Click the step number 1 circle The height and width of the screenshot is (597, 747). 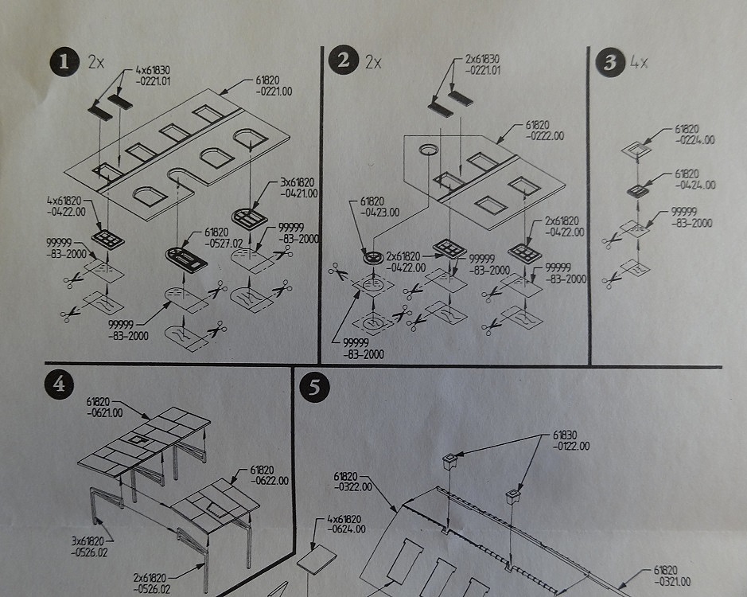point(61,62)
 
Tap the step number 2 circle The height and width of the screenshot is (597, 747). point(344,61)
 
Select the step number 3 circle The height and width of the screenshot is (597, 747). point(610,63)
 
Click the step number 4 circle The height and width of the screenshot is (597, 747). point(58,384)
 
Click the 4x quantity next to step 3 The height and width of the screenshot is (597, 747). point(639,63)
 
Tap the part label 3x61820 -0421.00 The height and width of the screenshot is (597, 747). point(298,187)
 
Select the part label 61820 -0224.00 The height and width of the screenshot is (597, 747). point(694,133)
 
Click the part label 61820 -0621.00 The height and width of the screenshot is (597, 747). point(105,407)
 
